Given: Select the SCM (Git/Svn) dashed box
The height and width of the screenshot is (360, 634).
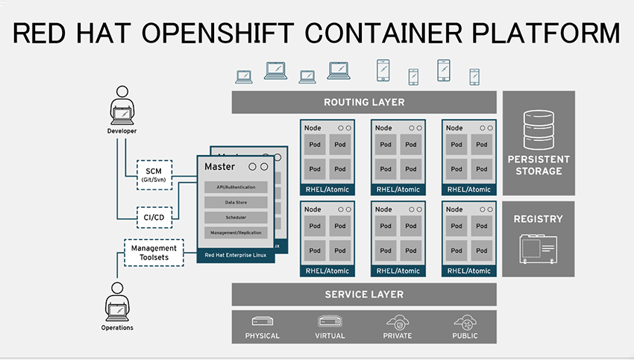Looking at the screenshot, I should [x=154, y=175].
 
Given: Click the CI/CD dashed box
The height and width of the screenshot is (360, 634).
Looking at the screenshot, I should [x=154, y=218].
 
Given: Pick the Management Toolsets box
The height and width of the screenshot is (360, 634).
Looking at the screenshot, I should [x=154, y=253].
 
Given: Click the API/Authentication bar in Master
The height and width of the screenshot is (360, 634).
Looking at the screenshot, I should [x=236, y=186].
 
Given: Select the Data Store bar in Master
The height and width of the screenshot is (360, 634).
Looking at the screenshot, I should [x=236, y=202].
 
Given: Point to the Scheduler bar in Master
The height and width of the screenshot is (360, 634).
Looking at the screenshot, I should [x=236, y=218].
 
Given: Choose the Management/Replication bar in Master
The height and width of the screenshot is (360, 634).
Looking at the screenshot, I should [x=236, y=233].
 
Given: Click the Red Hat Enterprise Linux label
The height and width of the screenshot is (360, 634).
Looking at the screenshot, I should [x=236, y=255].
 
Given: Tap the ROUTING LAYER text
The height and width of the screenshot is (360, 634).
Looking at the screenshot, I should [x=364, y=102].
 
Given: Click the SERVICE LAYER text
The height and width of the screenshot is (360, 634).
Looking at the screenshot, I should [x=364, y=294].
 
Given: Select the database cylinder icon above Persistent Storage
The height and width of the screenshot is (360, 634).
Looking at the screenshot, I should [x=539, y=127].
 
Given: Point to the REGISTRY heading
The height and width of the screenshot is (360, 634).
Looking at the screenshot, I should [x=539, y=219].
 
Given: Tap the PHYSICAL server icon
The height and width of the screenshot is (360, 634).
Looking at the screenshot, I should [x=262, y=321].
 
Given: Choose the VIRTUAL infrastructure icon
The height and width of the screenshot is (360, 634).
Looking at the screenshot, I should [x=330, y=321].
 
